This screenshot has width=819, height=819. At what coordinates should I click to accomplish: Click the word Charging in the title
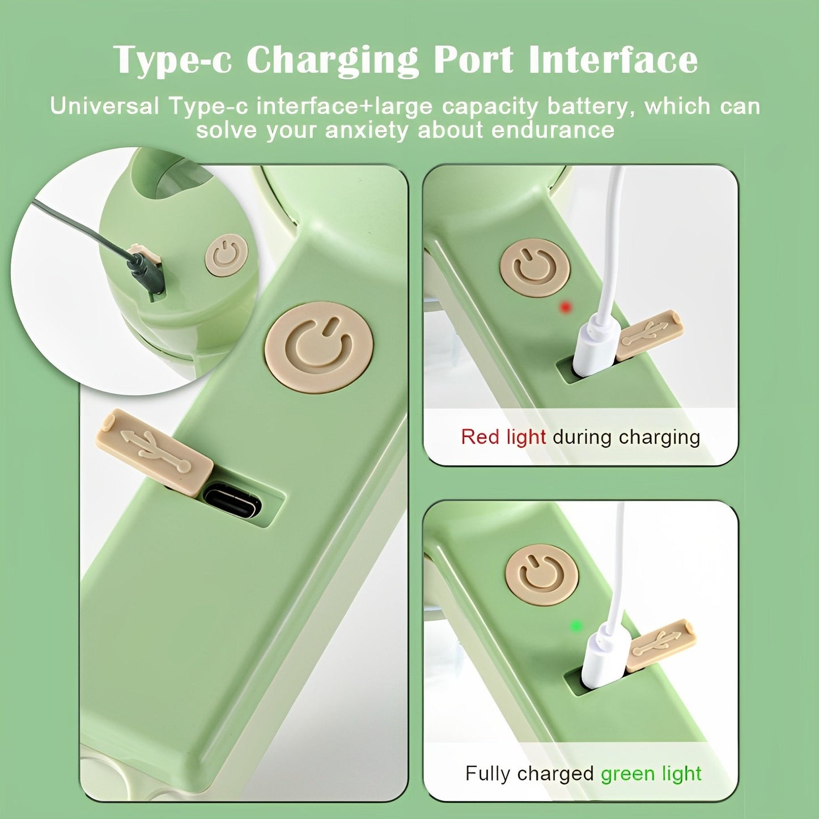(x=332, y=60)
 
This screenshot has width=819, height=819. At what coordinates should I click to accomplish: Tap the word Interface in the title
(x=613, y=59)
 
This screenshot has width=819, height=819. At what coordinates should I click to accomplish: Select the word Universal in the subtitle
(x=104, y=106)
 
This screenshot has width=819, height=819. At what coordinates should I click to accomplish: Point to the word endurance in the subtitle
(x=553, y=130)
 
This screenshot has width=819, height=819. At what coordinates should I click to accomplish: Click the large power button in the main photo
(x=319, y=347)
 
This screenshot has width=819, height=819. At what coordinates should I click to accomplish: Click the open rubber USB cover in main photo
(x=154, y=452)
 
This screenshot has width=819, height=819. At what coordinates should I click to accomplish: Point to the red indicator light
(x=565, y=307)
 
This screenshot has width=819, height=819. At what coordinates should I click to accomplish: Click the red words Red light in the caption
(x=503, y=437)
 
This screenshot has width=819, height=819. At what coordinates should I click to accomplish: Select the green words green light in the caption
(x=651, y=773)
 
